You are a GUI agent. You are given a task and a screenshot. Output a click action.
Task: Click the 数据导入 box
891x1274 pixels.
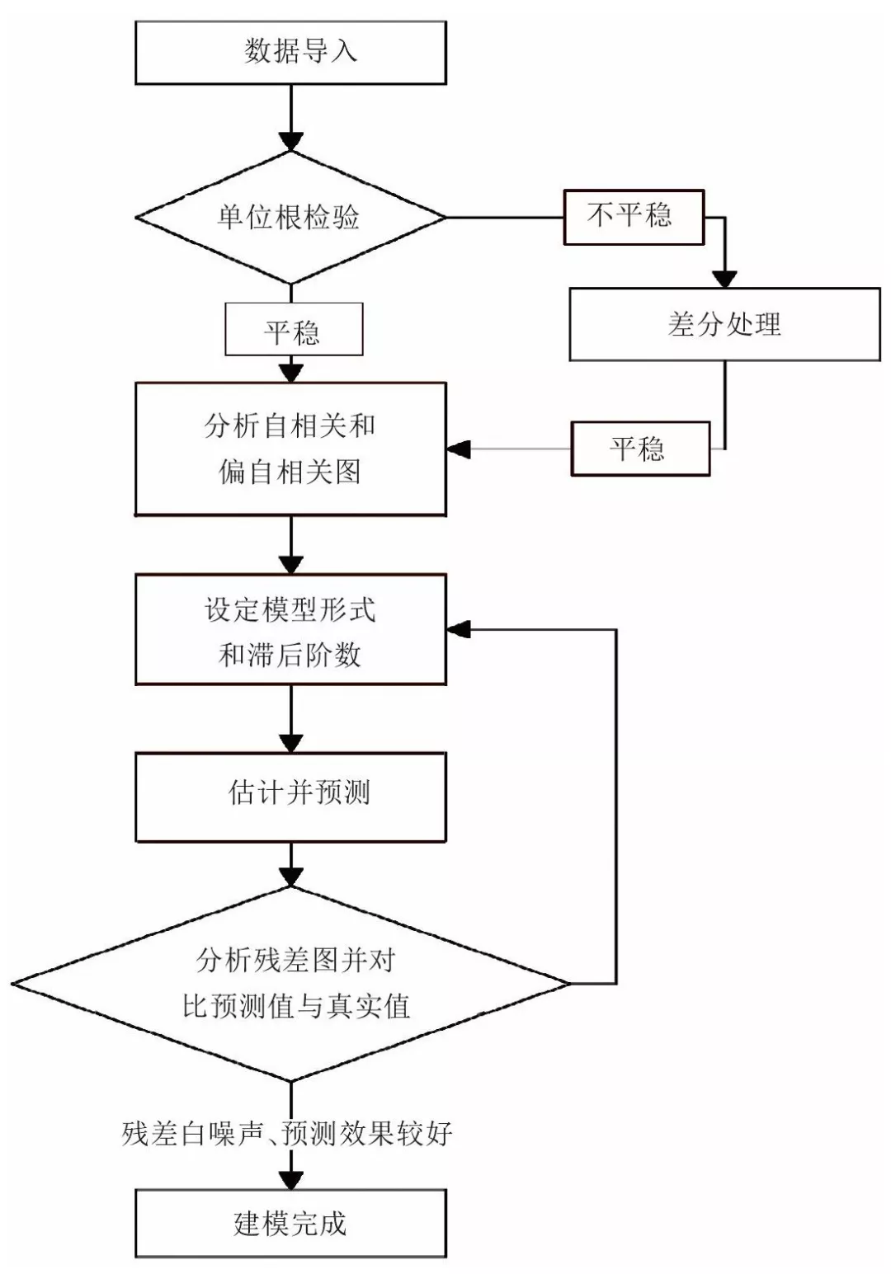(290, 52)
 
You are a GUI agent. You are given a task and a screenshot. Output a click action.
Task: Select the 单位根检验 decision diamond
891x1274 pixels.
(290, 218)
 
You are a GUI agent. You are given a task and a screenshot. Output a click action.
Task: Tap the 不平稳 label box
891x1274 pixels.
(633, 217)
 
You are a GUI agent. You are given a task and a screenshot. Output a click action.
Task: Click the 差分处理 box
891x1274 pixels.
(724, 324)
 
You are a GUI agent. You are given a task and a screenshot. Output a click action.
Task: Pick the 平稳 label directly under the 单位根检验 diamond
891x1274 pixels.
(293, 330)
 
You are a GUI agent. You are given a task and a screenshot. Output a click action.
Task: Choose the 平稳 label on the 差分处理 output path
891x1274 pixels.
(640, 449)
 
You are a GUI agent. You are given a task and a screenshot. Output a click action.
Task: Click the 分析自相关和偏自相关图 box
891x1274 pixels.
(290, 449)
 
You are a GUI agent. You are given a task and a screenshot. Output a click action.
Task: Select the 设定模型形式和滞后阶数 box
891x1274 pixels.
(290, 630)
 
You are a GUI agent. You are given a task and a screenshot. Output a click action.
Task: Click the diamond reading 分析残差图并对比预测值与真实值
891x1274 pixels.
(290, 983)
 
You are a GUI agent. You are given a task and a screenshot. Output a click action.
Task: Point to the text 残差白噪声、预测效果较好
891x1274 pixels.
(287, 1133)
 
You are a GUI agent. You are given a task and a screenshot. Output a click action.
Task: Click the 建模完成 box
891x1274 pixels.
(290, 1223)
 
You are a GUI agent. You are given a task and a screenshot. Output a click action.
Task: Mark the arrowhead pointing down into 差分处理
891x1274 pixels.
(724, 277)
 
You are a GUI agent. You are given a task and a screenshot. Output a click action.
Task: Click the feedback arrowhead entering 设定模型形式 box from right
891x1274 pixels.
(459, 630)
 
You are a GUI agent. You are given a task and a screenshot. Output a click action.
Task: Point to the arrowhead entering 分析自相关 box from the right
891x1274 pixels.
(459, 449)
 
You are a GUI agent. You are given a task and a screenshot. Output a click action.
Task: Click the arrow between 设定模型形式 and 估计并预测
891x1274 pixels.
(290, 717)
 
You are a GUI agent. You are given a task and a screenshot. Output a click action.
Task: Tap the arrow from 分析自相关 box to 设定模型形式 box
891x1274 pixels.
(290, 544)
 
